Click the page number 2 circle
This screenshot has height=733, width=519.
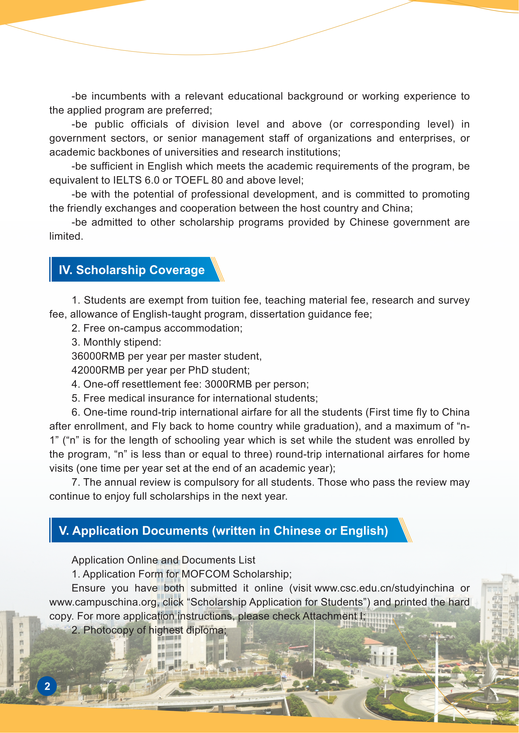click(47, 686)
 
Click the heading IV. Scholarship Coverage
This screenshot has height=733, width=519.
click(132, 270)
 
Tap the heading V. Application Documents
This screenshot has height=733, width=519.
click(223, 530)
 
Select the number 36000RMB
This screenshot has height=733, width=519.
click(98, 356)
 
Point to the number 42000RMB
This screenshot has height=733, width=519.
click(98, 370)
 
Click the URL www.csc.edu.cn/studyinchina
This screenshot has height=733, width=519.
click(384, 588)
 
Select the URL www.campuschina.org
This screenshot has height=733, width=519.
click(103, 602)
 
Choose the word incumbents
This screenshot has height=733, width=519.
click(119, 96)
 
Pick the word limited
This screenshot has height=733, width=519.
click(66, 236)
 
